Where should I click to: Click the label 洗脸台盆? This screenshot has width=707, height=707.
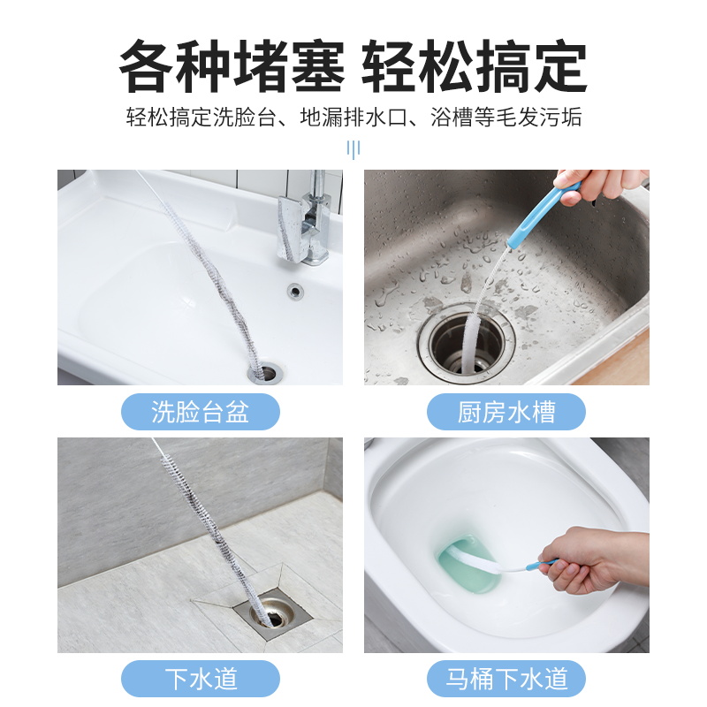[200, 412]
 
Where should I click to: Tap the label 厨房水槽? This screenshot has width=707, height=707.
[506, 412]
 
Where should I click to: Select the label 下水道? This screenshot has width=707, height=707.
[200, 679]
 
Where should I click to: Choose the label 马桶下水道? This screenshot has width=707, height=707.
[506, 679]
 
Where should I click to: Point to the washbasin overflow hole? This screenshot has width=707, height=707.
[293, 289]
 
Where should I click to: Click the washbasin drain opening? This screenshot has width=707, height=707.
[262, 373]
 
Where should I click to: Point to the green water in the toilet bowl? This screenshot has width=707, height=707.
[468, 566]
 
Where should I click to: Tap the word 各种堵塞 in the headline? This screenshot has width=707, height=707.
[232, 66]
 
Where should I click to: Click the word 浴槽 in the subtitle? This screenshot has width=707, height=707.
[452, 118]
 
